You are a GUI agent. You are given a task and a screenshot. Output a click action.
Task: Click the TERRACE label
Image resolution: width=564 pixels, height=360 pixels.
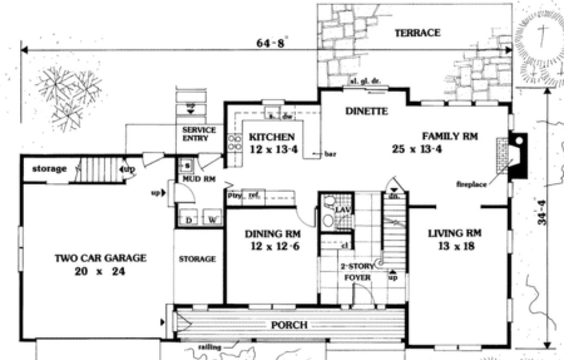[x=417, y=33]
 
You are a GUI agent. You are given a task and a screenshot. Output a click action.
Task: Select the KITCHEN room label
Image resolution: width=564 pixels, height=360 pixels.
[x=271, y=137]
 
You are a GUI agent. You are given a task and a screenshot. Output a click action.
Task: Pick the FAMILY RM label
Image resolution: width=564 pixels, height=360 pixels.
[x=450, y=137]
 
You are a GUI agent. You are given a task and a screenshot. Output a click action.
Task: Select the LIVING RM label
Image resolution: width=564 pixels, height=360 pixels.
[x=455, y=234]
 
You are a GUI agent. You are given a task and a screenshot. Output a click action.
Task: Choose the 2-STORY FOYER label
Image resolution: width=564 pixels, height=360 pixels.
[x=356, y=272]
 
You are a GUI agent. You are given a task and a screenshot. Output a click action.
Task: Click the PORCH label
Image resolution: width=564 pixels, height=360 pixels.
[x=290, y=325]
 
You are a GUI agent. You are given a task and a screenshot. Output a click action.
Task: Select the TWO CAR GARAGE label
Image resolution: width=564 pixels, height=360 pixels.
[x=101, y=258]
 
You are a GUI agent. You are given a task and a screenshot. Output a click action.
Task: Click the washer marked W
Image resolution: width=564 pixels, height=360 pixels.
[x=212, y=220]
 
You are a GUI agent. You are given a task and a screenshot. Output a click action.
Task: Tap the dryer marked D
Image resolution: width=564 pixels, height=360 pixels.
[x=189, y=220]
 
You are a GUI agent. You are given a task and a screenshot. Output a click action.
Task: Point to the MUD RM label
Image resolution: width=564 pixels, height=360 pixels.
[x=195, y=178]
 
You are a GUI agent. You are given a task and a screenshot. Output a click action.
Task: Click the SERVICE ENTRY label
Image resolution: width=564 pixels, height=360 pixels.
[x=199, y=134]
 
